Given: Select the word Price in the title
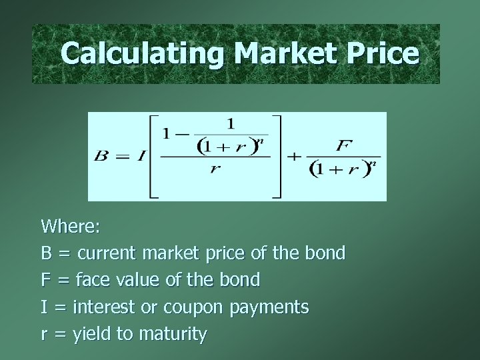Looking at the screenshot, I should [x=382, y=53].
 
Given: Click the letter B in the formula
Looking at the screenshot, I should [x=101, y=157].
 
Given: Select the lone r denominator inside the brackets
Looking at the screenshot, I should [x=215, y=169].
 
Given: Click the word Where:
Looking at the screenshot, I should [x=71, y=226].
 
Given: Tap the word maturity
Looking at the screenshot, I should [x=173, y=334].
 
